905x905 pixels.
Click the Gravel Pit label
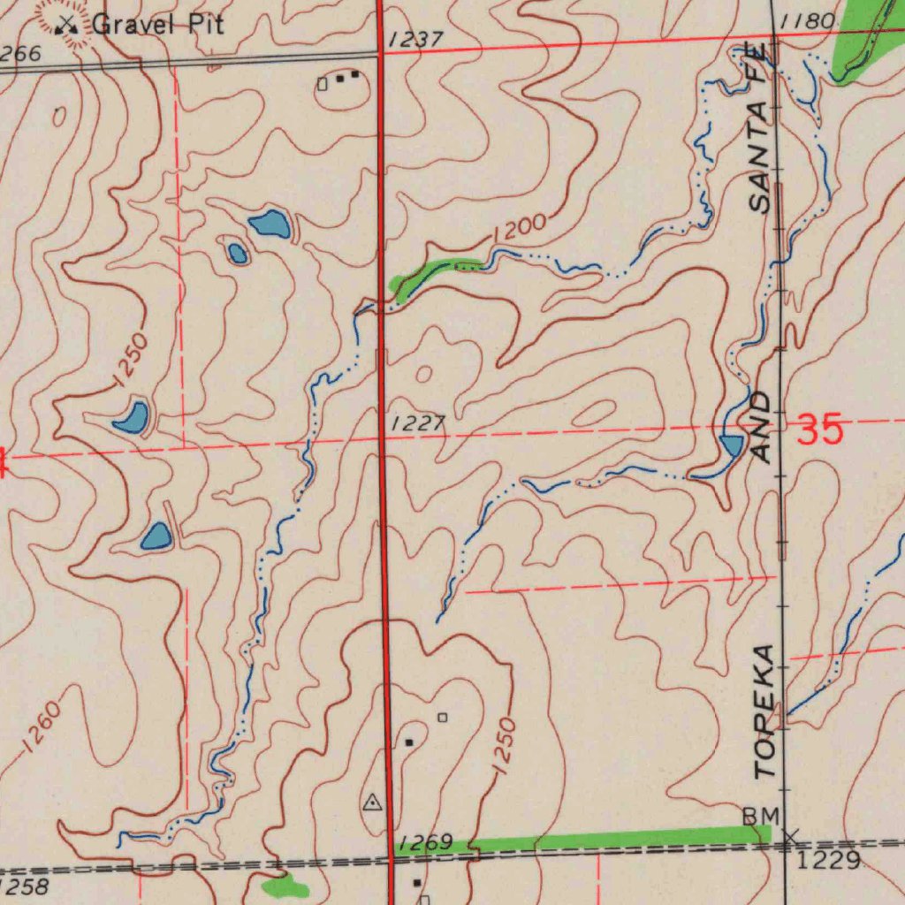click(x=157, y=24)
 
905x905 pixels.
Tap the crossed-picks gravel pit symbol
click(x=66, y=26)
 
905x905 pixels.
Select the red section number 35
click(x=820, y=430)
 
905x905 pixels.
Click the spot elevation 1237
click(x=414, y=40)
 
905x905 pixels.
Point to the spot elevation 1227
click(x=417, y=424)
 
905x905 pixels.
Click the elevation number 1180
click(x=808, y=21)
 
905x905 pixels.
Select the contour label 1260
click(x=42, y=726)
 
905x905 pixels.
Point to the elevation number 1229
click(x=828, y=860)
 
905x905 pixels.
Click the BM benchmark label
click(x=760, y=815)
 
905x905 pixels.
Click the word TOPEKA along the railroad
click(x=765, y=711)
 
